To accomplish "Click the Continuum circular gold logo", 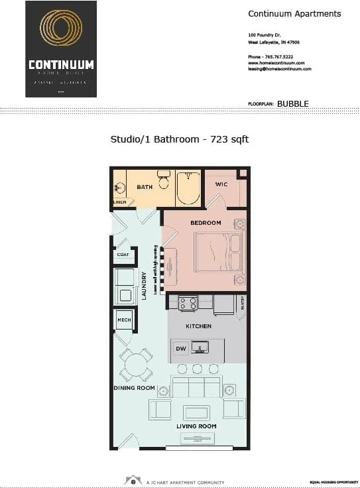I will [x=61, y=30].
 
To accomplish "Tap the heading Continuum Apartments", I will [x=294, y=14].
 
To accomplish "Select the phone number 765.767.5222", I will [x=279, y=57].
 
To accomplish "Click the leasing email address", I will [x=280, y=69].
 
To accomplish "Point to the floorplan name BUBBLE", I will [x=292, y=103].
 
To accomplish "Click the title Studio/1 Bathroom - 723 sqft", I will [x=179, y=139].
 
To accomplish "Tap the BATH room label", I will [x=145, y=187].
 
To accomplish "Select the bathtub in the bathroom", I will [x=188, y=188].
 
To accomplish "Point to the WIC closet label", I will [x=221, y=184].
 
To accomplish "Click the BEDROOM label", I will [x=206, y=223].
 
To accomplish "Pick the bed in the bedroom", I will [x=219, y=252].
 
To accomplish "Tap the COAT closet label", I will [x=123, y=255].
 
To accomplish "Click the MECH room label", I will [x=124, y=320].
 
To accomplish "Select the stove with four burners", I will [x=188, y=304].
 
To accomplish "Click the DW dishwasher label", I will [x=180, y=348].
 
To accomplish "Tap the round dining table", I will [x=136, y=364].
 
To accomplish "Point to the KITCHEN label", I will [x=198, y=326].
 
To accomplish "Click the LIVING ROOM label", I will [x=196, y=426].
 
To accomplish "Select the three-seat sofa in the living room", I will [x=196, y=387].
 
